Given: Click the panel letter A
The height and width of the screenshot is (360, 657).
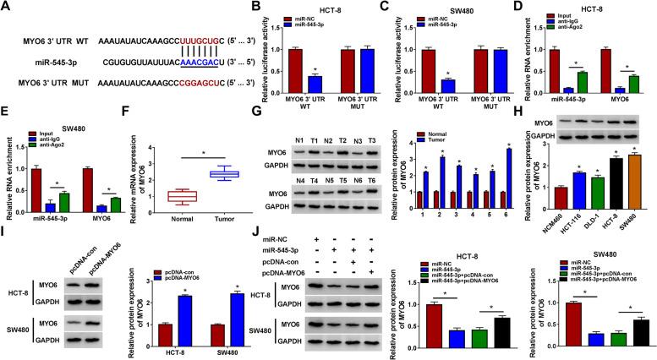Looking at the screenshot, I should click(6, 7).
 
